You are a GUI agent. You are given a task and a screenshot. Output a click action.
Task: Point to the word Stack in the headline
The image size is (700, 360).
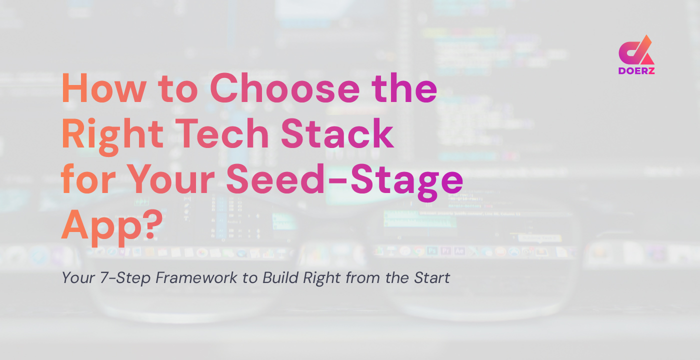tap(344, 135)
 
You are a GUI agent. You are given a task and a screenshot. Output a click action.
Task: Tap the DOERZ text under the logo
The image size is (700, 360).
tap(636, 71)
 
